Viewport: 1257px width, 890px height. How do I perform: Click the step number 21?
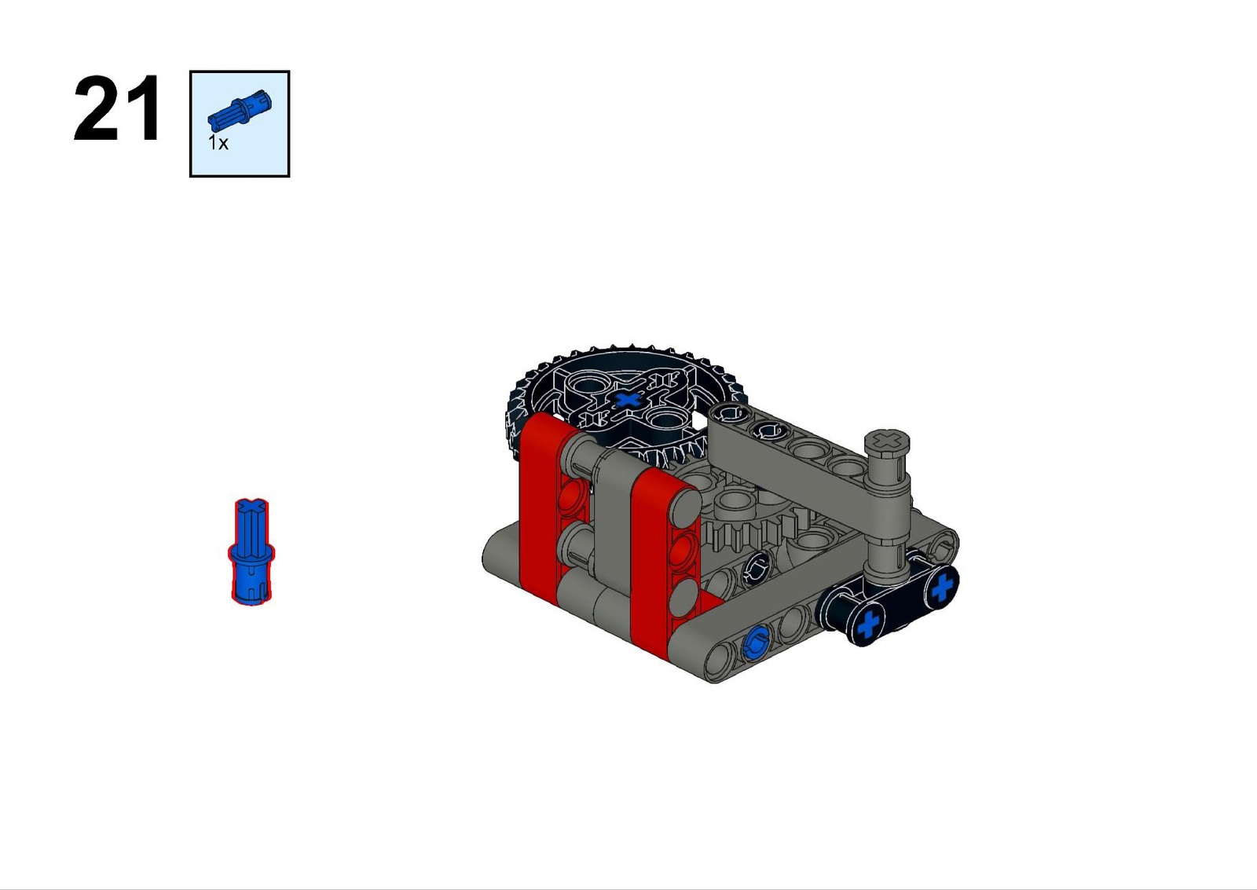click(x=117, y=108)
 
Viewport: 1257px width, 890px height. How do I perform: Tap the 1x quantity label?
click(x=218, y=143)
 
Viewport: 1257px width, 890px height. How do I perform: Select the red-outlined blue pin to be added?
click(x=251, y=551)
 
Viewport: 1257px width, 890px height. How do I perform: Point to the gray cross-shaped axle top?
click(x=887, y=439)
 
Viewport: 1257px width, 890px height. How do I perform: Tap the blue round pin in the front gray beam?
click(x=754, y=643)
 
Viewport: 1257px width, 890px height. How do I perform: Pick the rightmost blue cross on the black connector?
click(x=942, y=585)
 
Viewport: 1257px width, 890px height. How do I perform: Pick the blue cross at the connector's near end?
click(x=868, y=624)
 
